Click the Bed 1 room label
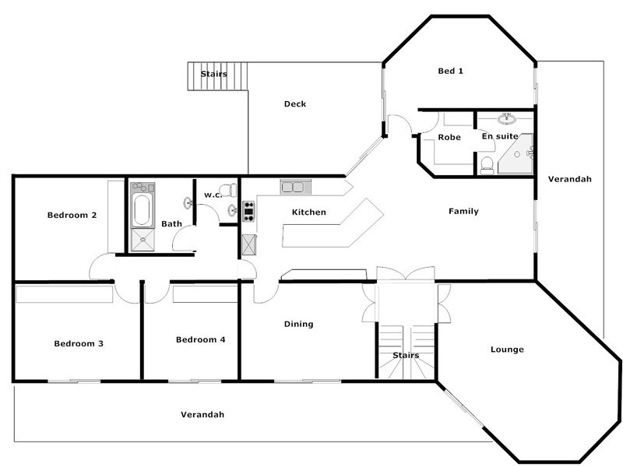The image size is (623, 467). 450,71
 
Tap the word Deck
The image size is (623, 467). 294,104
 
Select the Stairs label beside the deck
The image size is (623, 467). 213,75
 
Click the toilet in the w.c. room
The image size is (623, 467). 227,190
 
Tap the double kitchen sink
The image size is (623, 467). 295,187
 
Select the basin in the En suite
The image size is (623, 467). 506,119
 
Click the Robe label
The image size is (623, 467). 449,137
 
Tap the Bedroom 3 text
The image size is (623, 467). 79,343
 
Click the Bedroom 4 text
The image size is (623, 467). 200,339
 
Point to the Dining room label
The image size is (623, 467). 298,325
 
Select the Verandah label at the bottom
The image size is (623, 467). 202,415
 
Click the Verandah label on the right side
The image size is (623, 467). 569,179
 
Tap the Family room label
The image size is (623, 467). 463,212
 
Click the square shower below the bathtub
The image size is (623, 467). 142,240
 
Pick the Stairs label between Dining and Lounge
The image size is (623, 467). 405,356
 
